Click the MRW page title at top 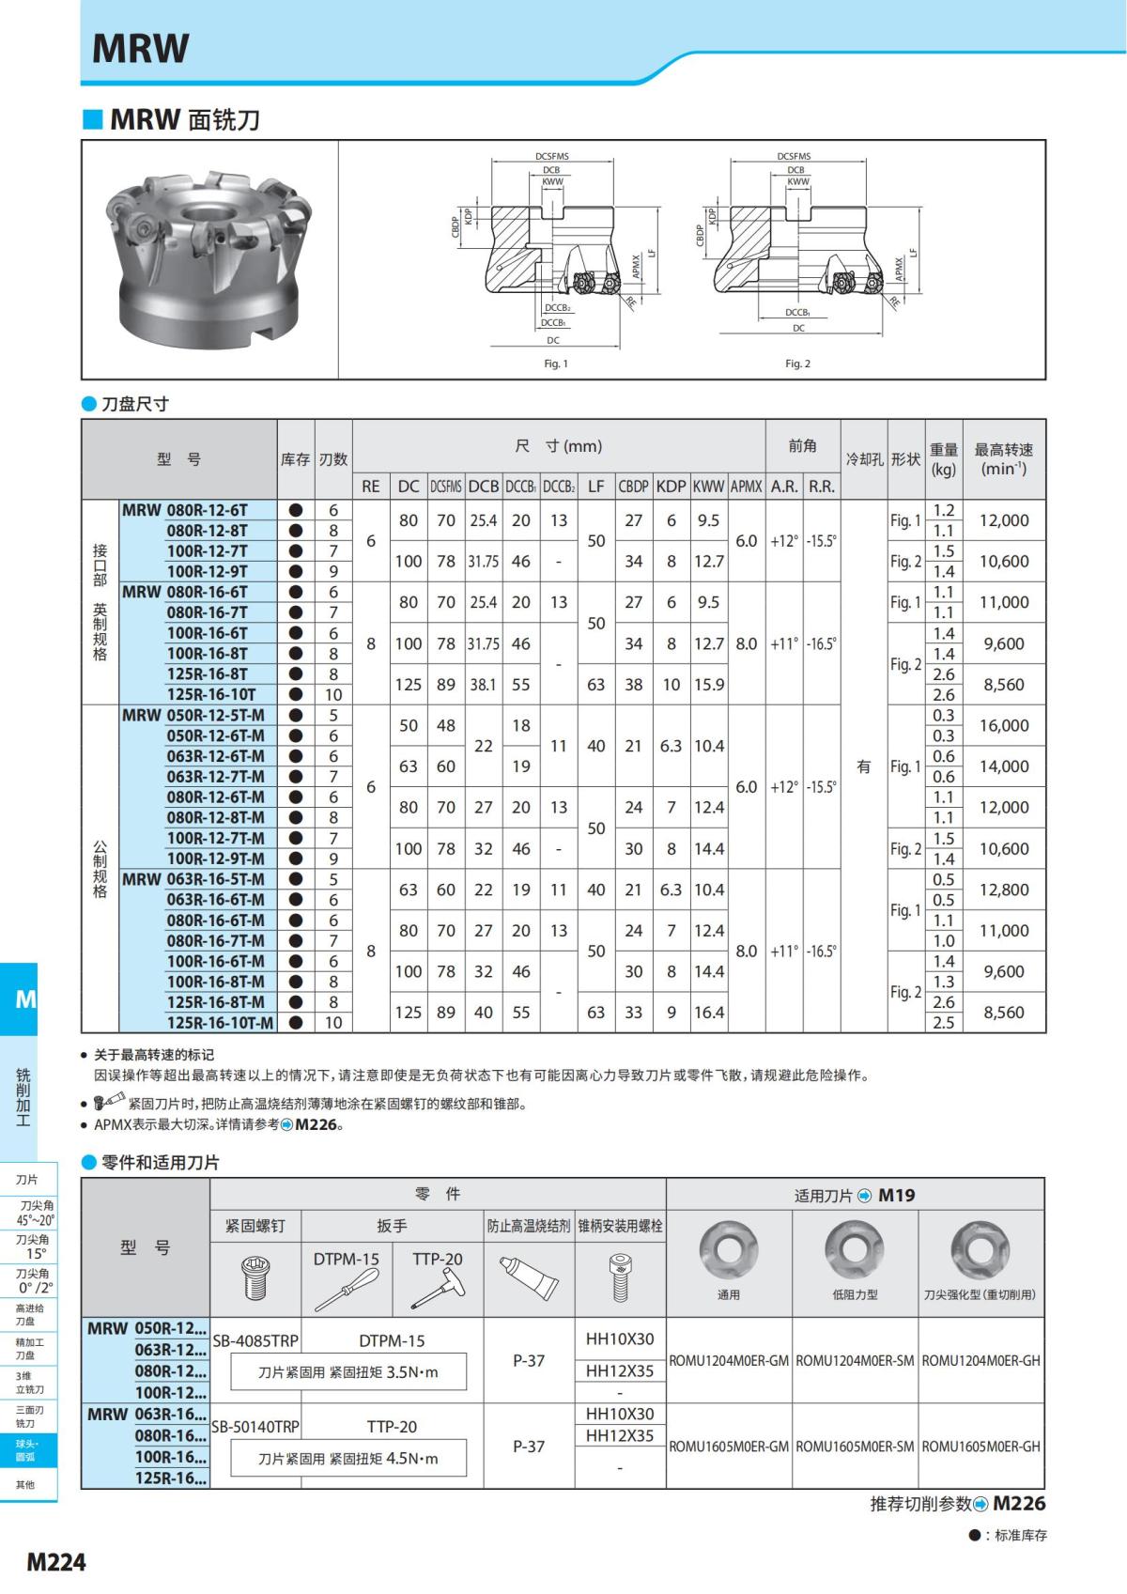click(141, 48)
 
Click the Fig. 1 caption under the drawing click(556, 364)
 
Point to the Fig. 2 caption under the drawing click(797, 364)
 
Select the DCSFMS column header click(446, 487)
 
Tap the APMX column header click(747, 487)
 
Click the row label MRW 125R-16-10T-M click(220, 1023)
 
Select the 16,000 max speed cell click(1004, 725)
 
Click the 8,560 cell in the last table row click(1004, 1013)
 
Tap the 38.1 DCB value click(483, 685)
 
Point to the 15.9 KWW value click(709, 685)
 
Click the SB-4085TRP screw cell click(255, 1341)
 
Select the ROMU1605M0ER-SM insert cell click(855, 1447)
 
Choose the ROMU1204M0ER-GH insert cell click(981, 1360)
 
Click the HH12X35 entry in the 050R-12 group click(620, 1370)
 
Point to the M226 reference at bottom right click(1019, 1504)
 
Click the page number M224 click(56, 1561)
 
